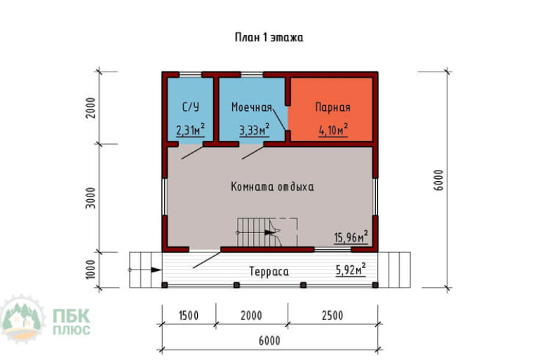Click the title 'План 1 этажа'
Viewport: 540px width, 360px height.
tap(269, 37)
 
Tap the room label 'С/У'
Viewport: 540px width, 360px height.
tap(191, 107)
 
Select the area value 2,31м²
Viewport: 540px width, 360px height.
tap(191, 130)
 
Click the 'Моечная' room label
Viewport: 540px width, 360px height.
tap(251, 107)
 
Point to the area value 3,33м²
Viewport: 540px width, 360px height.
tap(255, 130)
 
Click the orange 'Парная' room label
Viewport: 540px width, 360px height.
tap(332, 107)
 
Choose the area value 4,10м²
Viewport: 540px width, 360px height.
tap(333, 130)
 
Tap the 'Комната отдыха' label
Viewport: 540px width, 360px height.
tap(272, 187)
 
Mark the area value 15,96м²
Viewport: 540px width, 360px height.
tap(351, 237)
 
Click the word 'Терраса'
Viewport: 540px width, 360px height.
tap(269, 272)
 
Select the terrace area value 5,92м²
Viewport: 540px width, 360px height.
tap(351, 269)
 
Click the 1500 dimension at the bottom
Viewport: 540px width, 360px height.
tap(189, 316)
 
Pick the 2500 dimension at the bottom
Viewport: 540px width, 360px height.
tap(332, 316)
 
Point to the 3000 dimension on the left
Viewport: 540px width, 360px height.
tap(90, 198)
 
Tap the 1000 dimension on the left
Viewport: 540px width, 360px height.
tap(90, 269)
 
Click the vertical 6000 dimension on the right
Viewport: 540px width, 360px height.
tap(439, 180)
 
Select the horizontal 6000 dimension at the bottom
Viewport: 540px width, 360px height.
tap(269, 341)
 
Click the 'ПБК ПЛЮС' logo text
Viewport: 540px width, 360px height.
tap(72, 322)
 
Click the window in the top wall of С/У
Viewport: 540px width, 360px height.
tap(191, 74)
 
